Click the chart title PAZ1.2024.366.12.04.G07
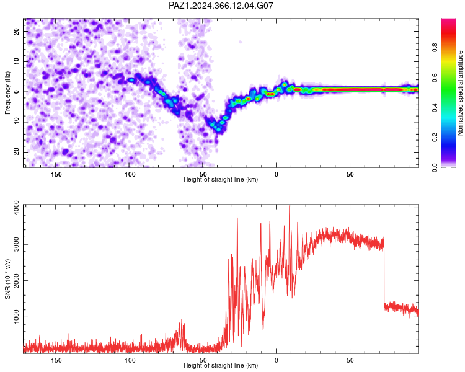[221, 6]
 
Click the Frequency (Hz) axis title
[7, 93]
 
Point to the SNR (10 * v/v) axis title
[7, 279]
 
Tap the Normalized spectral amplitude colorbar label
[460, 93]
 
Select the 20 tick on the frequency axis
[17, 31]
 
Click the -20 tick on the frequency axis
[17, 152]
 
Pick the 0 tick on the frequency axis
[17, 92]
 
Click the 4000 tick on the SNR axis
[17, 208]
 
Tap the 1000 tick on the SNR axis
[17, 317]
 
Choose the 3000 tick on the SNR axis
[17, 244]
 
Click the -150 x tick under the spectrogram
[55, 174]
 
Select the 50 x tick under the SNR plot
[350, 360]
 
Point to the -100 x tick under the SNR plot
[129, 360]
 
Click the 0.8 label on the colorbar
[435, 48]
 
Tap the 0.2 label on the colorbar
[435, 138]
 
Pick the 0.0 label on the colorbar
[435, 167]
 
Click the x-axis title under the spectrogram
[221, 179]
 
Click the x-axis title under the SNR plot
[221, 365]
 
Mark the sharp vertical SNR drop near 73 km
[384, 273]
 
